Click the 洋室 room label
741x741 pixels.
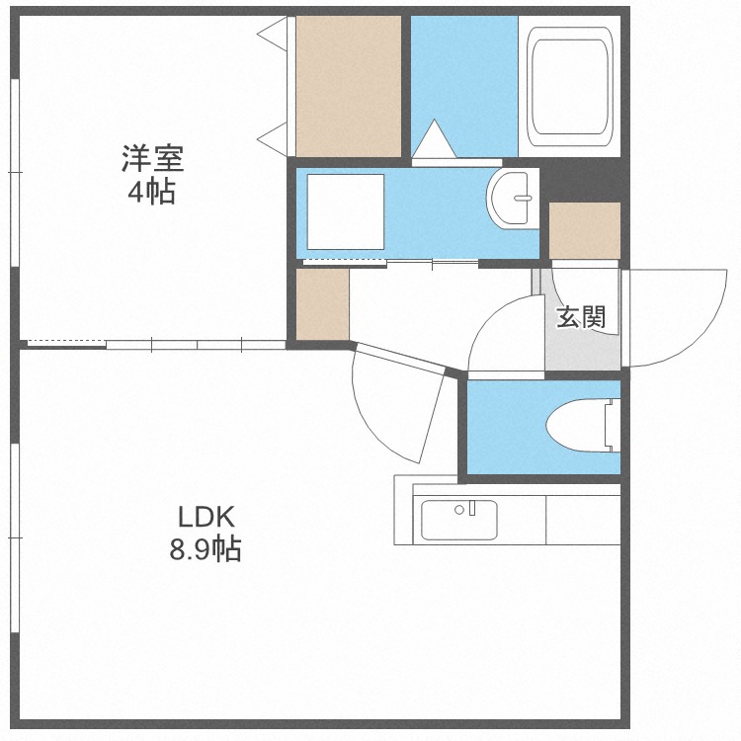point(152,158)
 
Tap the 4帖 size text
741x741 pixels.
point(152,192)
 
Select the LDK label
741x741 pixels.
point(206,517)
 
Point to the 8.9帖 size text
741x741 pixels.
point(206,548)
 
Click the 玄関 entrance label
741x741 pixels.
point(581,316)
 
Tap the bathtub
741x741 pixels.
point(569,87)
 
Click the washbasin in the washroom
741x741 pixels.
point(513,199)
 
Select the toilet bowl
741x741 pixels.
point(583,425)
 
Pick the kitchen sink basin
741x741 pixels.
point(458,520)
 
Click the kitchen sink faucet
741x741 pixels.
point(471,508)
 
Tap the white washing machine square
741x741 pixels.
point(346,211)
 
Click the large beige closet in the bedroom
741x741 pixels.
point(349,87)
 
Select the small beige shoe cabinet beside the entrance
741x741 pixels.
point(585,230)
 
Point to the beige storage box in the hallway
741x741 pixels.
point(322,304)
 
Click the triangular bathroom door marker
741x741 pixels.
point(434,139)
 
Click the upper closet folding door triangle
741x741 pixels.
point(273,34)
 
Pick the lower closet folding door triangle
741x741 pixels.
point(273,139)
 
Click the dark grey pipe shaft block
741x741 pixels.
point(585,179)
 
